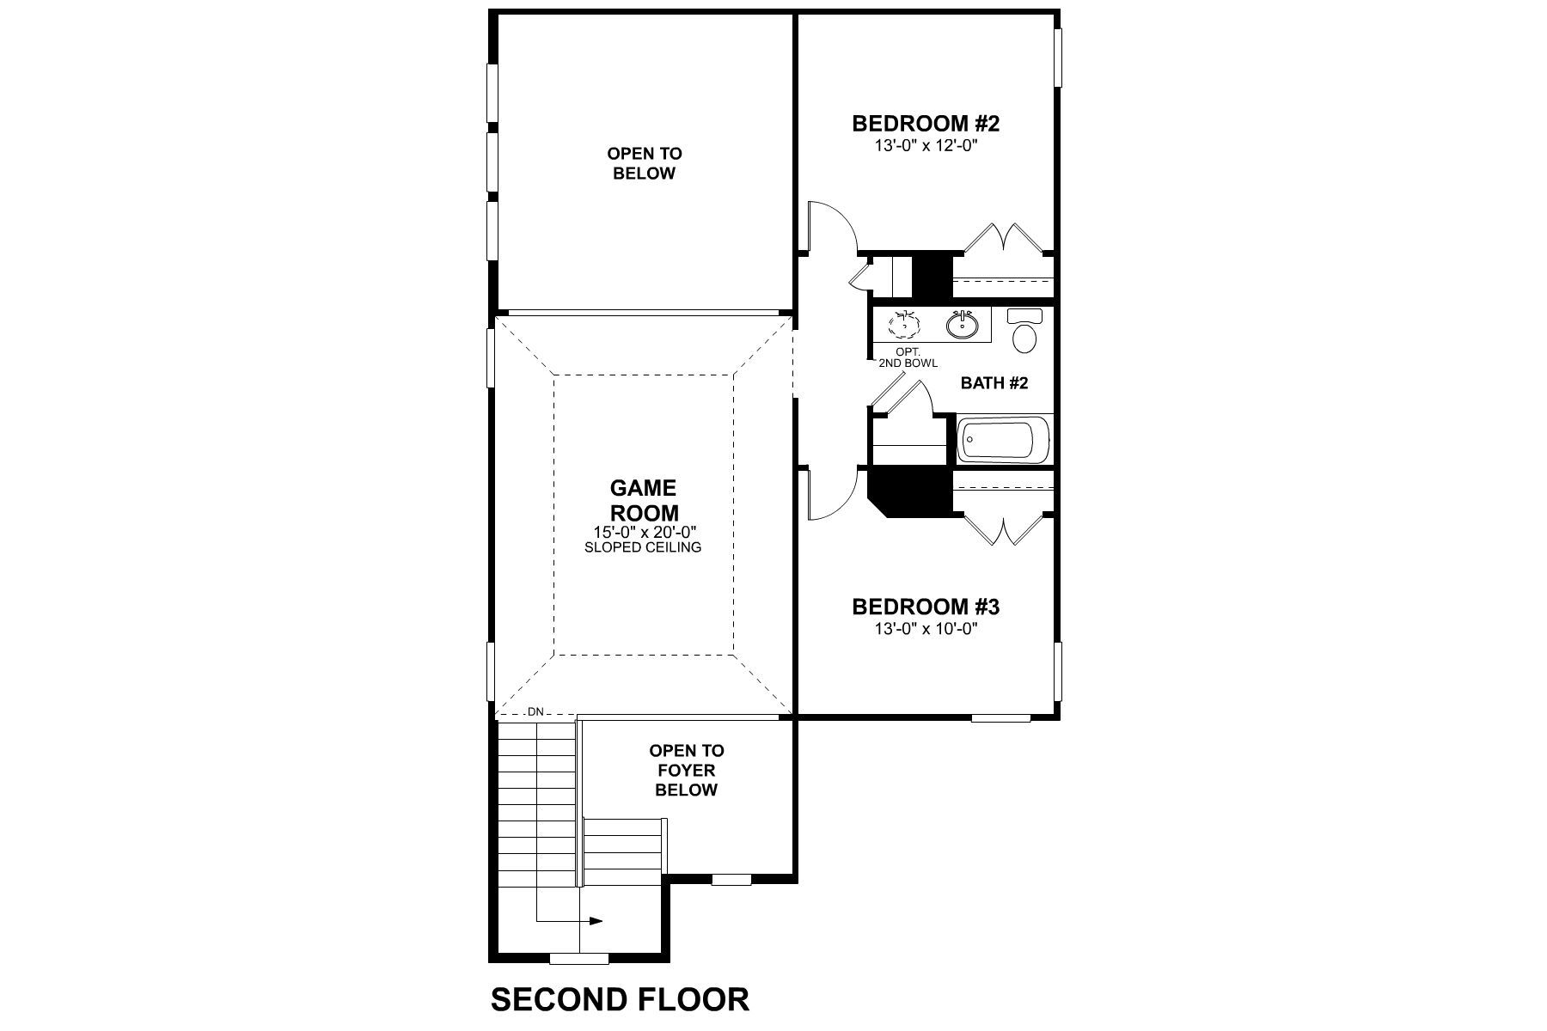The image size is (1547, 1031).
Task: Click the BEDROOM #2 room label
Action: tap(926, 124)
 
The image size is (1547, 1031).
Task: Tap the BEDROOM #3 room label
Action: tap(926, 607)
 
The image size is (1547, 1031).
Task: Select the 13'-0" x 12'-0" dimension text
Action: tap(926, 146)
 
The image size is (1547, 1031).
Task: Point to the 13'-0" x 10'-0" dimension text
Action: tap(926, 629)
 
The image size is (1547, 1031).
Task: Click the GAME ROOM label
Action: tap(643, 500)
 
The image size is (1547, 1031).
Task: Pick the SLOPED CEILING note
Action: tap(643, 547)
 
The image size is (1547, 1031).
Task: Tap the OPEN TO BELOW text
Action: tap(644, 163)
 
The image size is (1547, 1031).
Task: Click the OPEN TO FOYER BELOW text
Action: tap(686, 770)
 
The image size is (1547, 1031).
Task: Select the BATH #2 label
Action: tap(994, 383)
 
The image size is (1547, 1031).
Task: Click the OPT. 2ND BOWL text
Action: tap(908, 358)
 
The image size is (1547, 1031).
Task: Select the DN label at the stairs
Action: tap(535, 711)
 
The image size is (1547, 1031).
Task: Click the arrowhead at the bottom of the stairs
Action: tap(596, 921)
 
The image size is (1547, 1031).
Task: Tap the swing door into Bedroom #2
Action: tap(830, 225)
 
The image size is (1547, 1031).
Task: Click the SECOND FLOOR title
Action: tap(619, 1000)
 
